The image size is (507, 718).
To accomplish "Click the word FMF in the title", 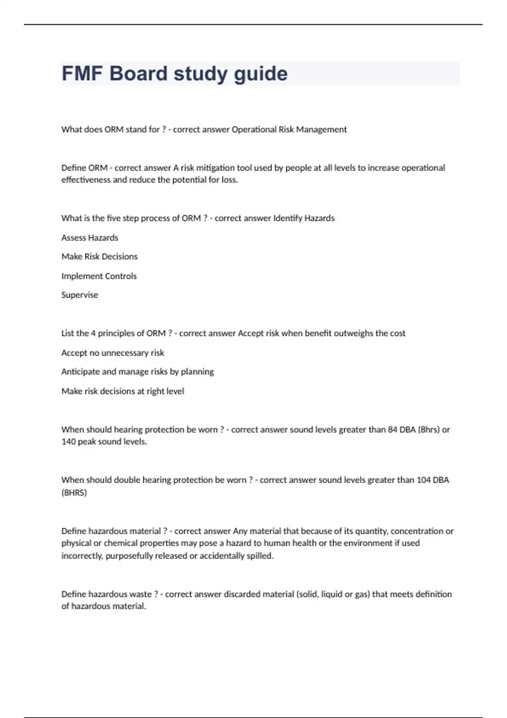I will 82,73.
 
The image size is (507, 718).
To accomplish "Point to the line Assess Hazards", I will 90,238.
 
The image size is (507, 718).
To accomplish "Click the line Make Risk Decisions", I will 99,257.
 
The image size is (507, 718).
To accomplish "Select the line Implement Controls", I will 99,276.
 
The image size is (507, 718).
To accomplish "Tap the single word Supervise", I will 79,295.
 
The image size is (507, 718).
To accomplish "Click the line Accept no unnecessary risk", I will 112,353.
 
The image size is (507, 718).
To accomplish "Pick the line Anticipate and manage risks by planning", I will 137,372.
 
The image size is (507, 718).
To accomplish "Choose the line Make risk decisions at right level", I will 123,391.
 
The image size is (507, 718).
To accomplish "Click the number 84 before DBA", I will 393,430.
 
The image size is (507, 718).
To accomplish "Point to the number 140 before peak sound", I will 68,442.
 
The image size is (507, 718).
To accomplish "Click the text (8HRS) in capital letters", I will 74,492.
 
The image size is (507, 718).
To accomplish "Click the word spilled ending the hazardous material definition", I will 259,556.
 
